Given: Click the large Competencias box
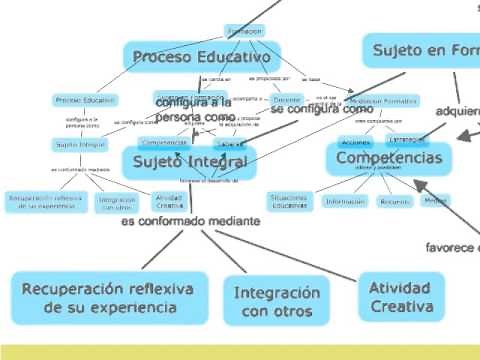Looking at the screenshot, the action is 389,158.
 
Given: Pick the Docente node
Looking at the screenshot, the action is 287,100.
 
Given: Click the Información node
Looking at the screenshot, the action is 344,201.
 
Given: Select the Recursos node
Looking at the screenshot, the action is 394,201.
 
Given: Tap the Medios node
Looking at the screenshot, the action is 435,200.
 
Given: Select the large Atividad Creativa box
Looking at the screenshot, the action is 399,297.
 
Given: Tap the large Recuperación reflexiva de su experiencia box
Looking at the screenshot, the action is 110,298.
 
